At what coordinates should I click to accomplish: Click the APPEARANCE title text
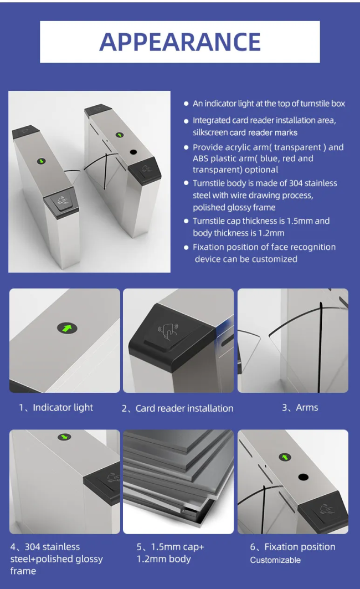(180, 42)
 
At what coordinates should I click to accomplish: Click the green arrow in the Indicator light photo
(67, 329)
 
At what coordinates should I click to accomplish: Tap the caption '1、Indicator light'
(56, 408)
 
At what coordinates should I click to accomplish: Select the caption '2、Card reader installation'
(177, 408)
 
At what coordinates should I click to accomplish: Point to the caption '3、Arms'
(300, 408)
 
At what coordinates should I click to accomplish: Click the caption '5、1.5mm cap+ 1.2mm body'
(170, 552)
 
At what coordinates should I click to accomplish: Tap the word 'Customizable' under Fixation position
(275, 560)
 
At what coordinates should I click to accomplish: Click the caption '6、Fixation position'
(292, 547)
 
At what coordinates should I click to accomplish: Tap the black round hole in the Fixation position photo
(304, 478)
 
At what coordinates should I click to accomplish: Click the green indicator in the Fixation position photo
(285, 457)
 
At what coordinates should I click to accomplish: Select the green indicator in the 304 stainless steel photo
(64, 437)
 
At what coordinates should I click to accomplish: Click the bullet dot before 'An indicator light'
(186, 104)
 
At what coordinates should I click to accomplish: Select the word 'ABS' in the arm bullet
(200, 158)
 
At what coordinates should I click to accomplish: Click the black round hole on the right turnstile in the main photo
(133, 152)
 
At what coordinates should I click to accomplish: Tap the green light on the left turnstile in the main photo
(42, 161)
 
